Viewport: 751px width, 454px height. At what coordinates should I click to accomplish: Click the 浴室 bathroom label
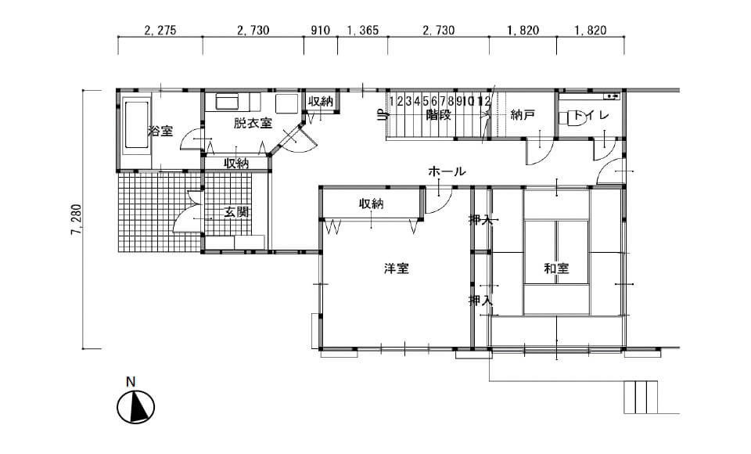pos(160,131)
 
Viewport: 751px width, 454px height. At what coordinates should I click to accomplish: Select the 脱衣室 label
pos(253,123)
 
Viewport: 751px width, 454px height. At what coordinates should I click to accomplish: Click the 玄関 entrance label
pos(236,211)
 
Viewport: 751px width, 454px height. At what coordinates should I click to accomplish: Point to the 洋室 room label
pos(396,268)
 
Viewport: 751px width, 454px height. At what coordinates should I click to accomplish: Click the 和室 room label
pos(556,268)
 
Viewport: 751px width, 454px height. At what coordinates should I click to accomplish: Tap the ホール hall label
pos(447,171)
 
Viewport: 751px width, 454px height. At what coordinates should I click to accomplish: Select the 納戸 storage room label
pos(523,115)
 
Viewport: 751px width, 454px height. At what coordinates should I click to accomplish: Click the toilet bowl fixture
pos(573,118)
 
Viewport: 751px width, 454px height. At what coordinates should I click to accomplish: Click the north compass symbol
pos(135,406)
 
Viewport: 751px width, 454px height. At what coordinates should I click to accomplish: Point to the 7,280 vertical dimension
pos(77,220)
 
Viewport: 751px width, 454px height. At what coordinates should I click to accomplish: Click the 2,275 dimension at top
pos(160,31)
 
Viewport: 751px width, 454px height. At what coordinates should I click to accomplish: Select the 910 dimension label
pos(321,31)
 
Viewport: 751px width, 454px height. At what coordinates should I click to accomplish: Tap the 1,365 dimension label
pos(362,31)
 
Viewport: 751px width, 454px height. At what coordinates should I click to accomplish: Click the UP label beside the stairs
pos(382,116)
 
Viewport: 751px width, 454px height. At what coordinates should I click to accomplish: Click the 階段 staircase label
pos(438,115)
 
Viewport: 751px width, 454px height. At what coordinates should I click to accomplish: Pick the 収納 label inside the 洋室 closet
pos(371,204)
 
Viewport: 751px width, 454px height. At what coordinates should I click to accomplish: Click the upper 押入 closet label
pos(480,220)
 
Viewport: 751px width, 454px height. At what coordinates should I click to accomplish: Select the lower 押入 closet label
pos(480,301)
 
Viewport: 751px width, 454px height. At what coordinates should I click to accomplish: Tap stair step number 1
pos(392,101)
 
